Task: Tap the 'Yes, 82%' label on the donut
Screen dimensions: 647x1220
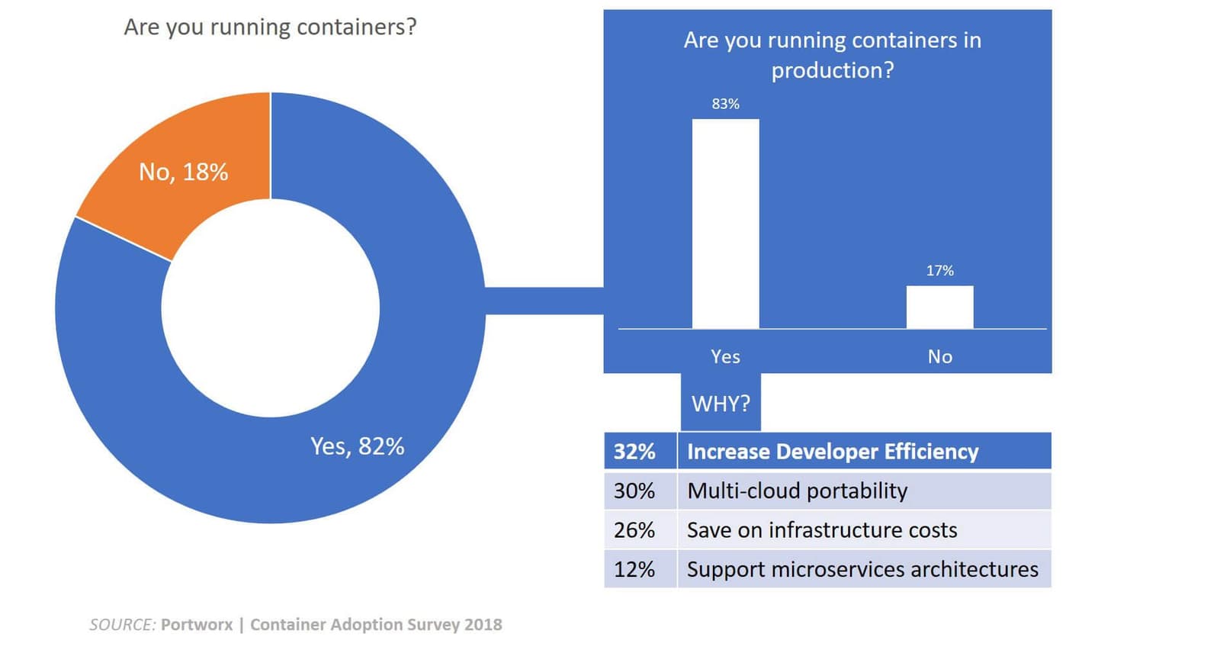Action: [x=357, y=446]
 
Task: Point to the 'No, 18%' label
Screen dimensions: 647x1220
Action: [x=183, y=172]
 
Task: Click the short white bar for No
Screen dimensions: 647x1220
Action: [x=939, y=307]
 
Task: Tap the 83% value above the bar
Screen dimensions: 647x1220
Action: [x=725, y=104]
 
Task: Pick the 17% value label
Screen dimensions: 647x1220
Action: [x=939, y=271]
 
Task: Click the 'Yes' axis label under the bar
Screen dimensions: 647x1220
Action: [x=725, y=356]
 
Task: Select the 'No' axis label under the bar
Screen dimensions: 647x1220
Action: [x=939, y=356]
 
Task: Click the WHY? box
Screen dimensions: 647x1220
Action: [x=721, y=403]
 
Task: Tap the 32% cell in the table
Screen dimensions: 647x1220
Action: [x=634, y=452]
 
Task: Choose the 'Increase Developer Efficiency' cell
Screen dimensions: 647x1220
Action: [x=833, y=452]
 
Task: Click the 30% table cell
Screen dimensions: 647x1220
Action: [x=634, y=491]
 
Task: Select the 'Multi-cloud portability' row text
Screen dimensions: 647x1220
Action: [x=797, y=491]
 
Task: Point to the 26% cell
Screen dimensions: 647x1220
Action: [x=634, y=530]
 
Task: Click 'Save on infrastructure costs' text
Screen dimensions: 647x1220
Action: [x=822, y=530]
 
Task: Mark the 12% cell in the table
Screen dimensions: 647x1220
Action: [x=634, y=569]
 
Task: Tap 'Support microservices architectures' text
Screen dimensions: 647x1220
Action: [x=862, y=569]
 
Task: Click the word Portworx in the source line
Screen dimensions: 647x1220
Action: [x=197, y=625]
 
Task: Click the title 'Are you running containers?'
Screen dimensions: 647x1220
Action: [x=270, y=27]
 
